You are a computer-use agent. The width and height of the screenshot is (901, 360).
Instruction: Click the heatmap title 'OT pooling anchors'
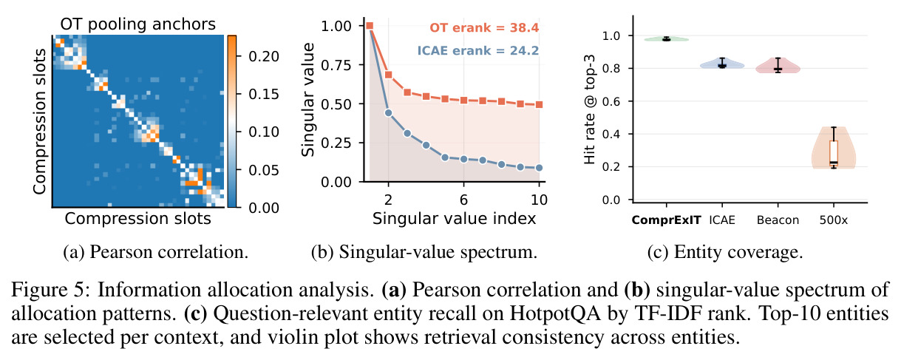138,24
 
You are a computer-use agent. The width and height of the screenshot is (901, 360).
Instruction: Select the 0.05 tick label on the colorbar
264,170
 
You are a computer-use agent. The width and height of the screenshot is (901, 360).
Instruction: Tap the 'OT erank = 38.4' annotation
484,28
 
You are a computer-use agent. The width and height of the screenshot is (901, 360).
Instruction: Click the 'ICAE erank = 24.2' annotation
478,51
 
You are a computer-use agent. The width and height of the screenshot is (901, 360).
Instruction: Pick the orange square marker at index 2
388,75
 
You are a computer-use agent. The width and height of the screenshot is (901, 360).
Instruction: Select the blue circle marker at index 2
388,112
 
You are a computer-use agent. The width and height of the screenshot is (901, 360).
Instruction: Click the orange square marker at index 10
539,104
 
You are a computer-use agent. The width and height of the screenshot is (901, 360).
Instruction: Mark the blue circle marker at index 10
539,168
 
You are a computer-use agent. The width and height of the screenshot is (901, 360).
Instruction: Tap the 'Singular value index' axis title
454,218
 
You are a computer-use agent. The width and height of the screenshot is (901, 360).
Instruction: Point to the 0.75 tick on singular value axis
336,65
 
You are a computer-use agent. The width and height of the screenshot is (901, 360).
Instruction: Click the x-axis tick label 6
463,200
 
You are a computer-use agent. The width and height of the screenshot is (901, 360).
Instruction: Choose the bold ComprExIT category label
666,220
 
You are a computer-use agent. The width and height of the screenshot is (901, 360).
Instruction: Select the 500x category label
834,220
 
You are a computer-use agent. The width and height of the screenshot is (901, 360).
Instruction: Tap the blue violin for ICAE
722,64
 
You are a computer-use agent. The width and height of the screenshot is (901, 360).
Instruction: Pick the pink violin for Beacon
778,66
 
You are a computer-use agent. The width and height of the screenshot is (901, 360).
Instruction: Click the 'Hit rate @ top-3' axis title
589,109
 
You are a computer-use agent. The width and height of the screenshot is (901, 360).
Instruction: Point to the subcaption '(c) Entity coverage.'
725,252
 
